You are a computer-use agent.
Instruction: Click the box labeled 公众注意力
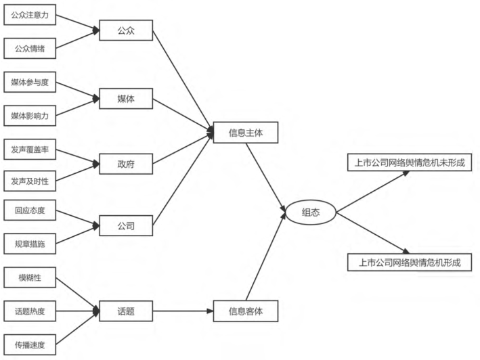tap(30, 15)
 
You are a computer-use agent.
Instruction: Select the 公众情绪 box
tap(30, 47)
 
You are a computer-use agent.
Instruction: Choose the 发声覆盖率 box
tap(30, 148)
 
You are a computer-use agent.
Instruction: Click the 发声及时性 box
tap(30, 181)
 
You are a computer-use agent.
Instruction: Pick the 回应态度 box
tap(30, 210)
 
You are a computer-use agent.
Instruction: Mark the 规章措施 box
tap(30, 243)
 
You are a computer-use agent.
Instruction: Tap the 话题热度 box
tap(30, 311)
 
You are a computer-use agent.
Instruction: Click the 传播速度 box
tap(30, 344)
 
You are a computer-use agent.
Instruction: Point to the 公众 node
tap(126, 30)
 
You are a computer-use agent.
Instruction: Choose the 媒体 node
tap(126, 99)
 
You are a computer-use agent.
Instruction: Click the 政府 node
tap(126, 164)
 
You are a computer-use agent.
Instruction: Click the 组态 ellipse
tap(310, 212)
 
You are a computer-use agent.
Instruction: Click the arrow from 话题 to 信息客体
tap(183, 312)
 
